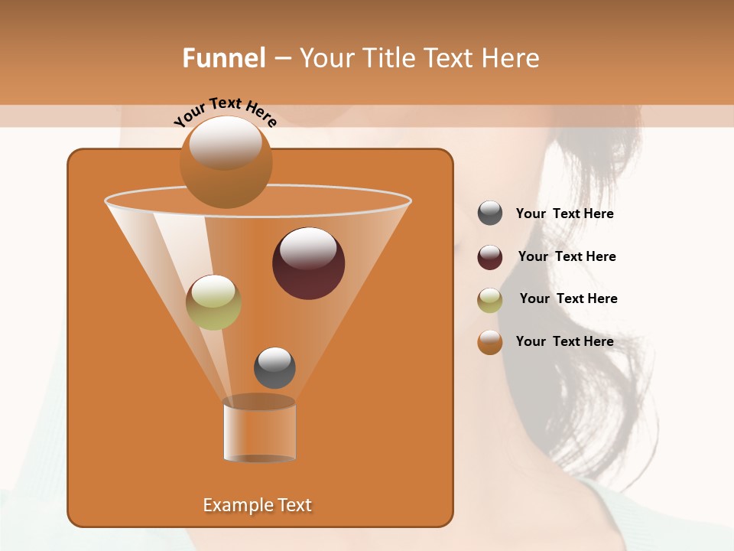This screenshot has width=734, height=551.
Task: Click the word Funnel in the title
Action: pos(223,58)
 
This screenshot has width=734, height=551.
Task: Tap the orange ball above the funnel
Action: pos(226,165)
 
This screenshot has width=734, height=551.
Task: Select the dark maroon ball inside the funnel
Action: pos(308,264)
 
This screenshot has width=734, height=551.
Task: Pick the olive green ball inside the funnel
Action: pos(213,302)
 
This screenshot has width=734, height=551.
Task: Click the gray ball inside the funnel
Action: pos(274,368)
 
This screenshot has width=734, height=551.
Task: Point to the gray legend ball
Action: pos(490,213)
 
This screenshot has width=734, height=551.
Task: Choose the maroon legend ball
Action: pos(490,257)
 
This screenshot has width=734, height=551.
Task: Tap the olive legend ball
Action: pos(490,300)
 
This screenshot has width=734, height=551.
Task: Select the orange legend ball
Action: pos(490,342)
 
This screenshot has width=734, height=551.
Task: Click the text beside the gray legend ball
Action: pos(564,214)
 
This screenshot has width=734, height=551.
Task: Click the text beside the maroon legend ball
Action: pos(567,256)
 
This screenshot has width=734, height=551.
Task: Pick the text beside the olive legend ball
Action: pos(568,298)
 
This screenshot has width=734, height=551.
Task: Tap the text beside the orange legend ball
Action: pos(564,341)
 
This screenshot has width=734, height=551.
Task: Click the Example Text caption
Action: pos(258,505)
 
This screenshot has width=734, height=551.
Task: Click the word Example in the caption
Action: pos(235,505)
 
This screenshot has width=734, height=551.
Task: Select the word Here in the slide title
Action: pos(512,58)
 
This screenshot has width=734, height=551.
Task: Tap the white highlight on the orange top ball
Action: pos(226,142)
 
